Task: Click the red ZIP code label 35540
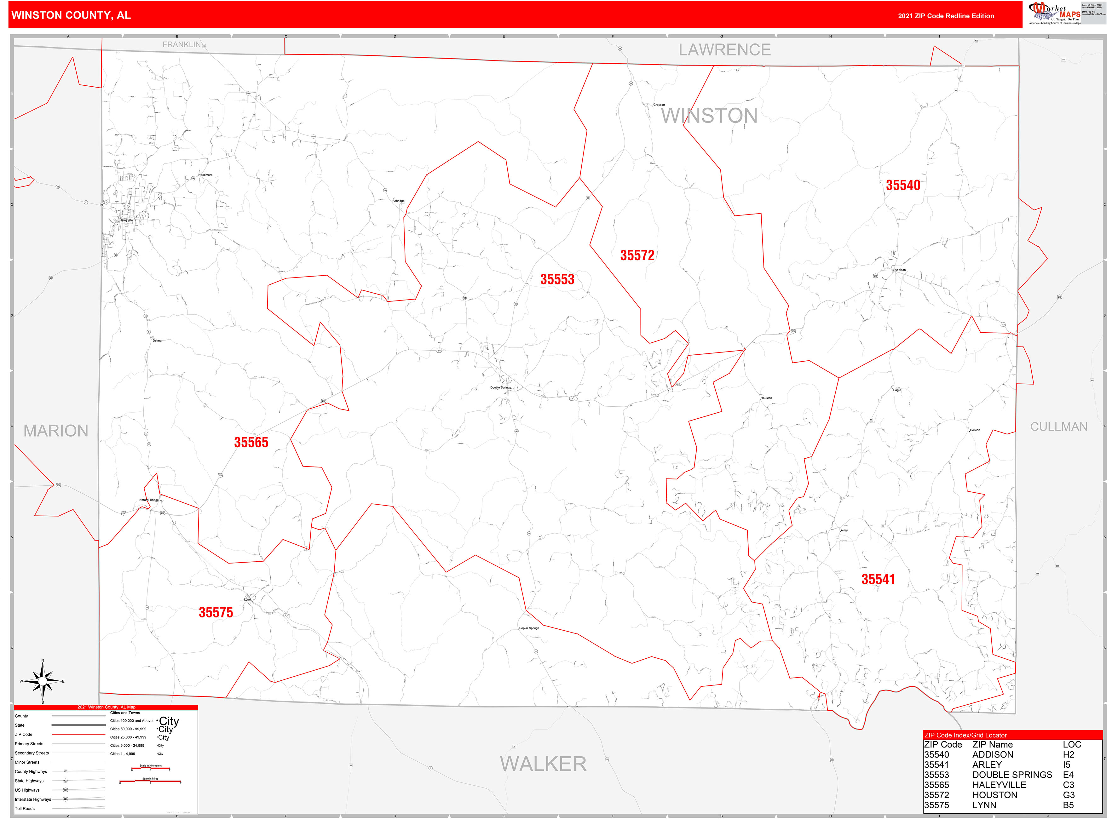(903, 186)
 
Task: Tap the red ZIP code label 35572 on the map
(637, 255)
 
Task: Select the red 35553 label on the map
(557, 279)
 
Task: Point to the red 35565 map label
(251, 442)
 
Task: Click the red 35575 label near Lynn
(216, 612)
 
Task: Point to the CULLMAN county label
(1058, 427)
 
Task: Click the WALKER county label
(543, 764)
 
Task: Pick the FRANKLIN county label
(181, 45)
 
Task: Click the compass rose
(43, 682)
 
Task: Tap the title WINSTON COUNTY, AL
(71, 15)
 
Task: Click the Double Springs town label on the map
(500, 388)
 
